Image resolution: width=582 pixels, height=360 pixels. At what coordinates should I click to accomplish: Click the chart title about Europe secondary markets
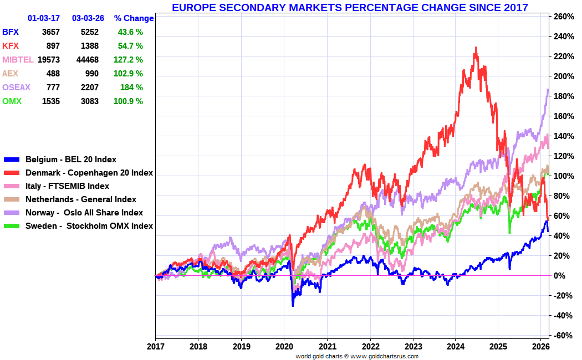(x=350, y=7)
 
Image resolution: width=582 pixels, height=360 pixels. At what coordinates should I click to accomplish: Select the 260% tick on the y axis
(x=563, y=17)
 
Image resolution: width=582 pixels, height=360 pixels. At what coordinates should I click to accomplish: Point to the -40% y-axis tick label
(x=563, y=316)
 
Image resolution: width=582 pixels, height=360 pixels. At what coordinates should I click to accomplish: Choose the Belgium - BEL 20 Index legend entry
(x=71, y=160)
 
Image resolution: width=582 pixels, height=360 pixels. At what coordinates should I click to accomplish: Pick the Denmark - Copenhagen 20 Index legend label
(x=89, y=173)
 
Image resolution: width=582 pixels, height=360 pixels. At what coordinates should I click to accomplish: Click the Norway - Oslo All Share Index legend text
(x=84, y=213)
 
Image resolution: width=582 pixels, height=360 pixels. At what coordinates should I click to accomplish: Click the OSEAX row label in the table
(x=16, y=88)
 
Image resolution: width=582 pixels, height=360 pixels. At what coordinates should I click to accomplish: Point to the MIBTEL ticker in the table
(x=18, y=60)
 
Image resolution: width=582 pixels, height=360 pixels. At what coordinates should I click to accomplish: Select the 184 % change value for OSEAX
(x=131, y=88)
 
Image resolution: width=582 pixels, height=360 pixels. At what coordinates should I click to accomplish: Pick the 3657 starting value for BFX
(x=50, y=32)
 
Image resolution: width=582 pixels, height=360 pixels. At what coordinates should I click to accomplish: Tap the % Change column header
(x=134, y=18)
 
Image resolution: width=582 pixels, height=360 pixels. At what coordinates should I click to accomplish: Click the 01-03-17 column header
(x=44, y=18)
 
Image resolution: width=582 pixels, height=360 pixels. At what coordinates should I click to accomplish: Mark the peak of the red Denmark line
(x=476, y=48)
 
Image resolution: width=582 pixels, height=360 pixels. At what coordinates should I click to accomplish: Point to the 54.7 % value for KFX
(x=130, y=46)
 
